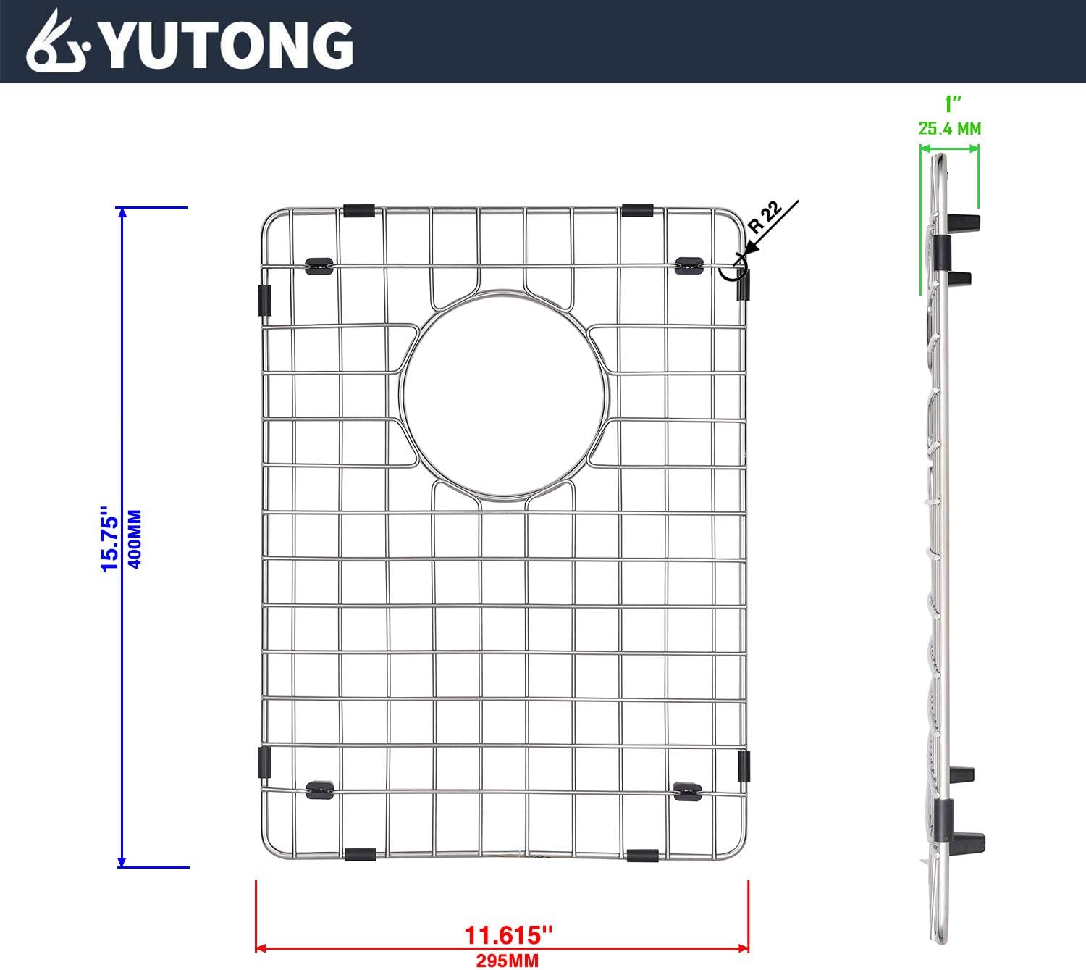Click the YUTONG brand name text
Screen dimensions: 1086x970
pos(227,46)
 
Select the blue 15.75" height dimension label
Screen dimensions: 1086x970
pos(110,539)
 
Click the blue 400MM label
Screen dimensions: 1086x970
pos(135,539)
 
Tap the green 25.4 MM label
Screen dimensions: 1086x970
pos(949,129)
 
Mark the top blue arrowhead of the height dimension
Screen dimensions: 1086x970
pos(122,212)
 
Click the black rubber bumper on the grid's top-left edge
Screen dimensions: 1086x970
pos(359,210)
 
